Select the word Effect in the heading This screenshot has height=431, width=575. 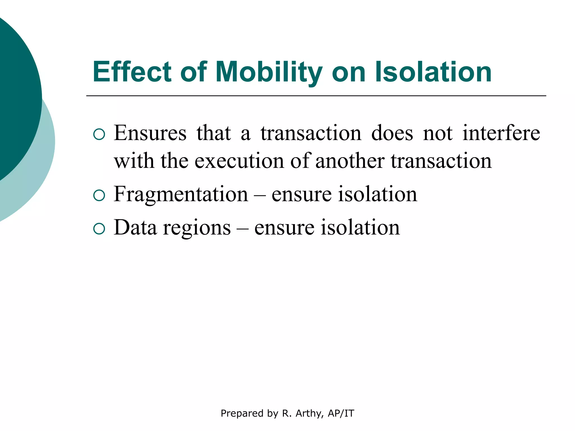(132, 72)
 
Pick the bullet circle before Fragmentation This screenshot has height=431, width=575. (99, 195)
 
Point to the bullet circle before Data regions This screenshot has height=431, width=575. (99, 229)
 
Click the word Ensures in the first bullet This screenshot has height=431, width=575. (150, 133)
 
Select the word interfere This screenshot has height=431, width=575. (501, 133)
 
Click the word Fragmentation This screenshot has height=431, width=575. (181, 194)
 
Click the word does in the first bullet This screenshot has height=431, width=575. (392, 133)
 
